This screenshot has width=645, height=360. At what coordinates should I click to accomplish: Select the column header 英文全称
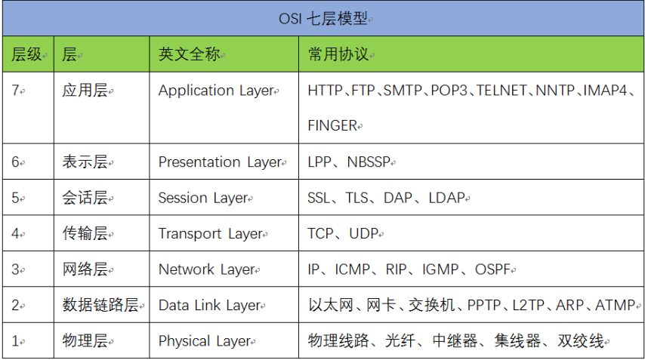tap(189, 54)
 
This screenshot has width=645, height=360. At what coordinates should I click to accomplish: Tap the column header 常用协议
tap(338, 54)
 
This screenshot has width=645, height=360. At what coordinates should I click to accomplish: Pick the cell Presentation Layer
tap(219, 162)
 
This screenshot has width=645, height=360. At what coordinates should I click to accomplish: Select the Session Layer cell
tap(203, 198)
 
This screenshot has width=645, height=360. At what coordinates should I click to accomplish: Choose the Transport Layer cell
tap(210, 234)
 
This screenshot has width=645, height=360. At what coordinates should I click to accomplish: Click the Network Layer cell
tap(206, 269)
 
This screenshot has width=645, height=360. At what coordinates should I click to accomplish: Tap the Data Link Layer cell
tap(209, 306)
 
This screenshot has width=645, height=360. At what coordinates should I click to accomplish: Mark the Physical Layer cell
tap(204, 341)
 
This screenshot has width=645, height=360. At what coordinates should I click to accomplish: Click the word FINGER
tap(332, 126)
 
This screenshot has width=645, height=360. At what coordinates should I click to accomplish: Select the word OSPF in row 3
tap(493, 269)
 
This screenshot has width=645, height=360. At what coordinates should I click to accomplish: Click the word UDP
tap(364, 234)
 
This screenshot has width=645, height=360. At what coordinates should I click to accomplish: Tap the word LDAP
tap(446, 198)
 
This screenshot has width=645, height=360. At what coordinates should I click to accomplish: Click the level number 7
tap(15, 91)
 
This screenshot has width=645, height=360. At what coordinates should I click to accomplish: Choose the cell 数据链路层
tap(100, 306)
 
